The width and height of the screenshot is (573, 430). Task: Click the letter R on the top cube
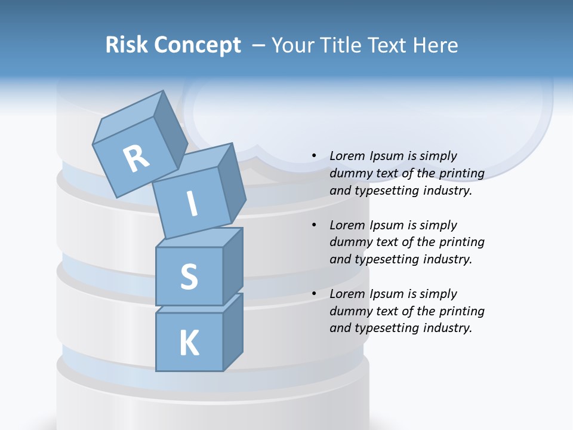click(x=135, y=159)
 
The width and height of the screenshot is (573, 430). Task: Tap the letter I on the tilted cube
click(x=192, y=204)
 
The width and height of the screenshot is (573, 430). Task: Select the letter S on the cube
click(x=189, y=277)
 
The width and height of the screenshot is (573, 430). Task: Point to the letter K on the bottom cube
click(x=189, y=343)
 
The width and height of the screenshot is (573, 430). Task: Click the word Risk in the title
click(x=125, y=45)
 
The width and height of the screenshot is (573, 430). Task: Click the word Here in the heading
click(x=435, y=45)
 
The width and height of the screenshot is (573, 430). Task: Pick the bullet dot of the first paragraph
click(x=314, y=156)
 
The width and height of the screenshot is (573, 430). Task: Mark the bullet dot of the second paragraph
click(x=314, y=225)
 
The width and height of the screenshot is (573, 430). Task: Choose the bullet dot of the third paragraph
click(x=314, y=294)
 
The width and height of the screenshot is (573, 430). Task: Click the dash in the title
click(x=259, y=45)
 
